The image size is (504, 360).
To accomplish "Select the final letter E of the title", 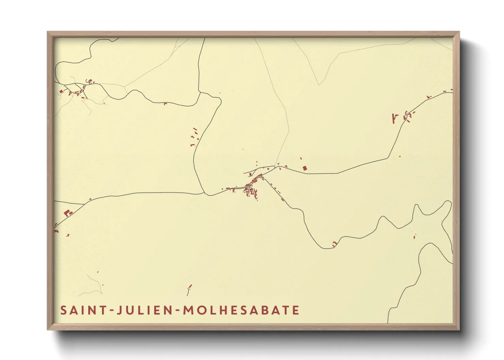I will point(296,310).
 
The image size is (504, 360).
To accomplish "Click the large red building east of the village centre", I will point(305,168).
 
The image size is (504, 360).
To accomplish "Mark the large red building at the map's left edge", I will point(67,213).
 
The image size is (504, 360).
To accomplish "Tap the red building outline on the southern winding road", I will point(334,244).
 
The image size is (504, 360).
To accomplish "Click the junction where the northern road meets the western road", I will point(205,193).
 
